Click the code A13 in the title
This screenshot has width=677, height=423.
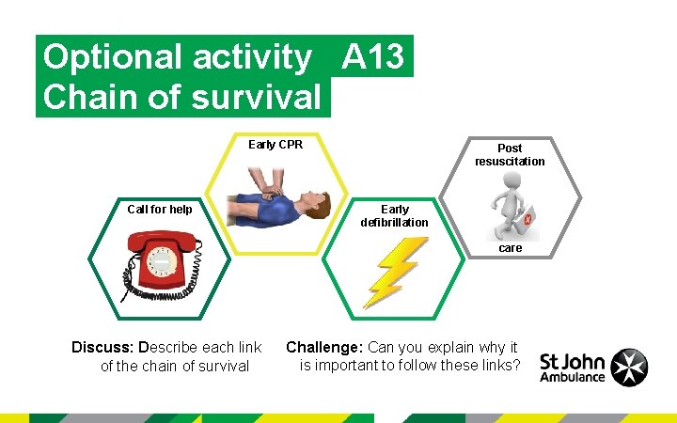[374, 58]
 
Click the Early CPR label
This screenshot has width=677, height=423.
[275, 145]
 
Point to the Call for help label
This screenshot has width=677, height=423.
[160, 209]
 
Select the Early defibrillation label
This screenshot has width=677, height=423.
[394, 216]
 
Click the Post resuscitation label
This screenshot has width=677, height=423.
[510, 155]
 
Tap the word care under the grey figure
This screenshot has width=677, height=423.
[511, 248]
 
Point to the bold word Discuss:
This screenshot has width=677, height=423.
[102, 348]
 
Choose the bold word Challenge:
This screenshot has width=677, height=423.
[324, 347]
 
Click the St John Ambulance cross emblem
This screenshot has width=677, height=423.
[629, 367]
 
